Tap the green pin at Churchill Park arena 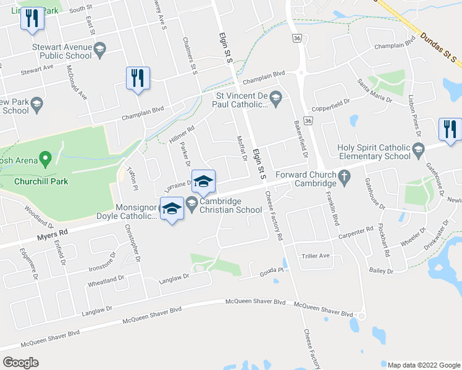(45, 159)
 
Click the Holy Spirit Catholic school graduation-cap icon (418, 150)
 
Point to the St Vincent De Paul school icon (275, 97)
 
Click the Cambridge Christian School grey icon (191, 203)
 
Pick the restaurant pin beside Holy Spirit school (449, 129)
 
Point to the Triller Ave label (316, 255)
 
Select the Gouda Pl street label (272, 270)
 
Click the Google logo (20, 362)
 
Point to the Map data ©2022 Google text (422, 365)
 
